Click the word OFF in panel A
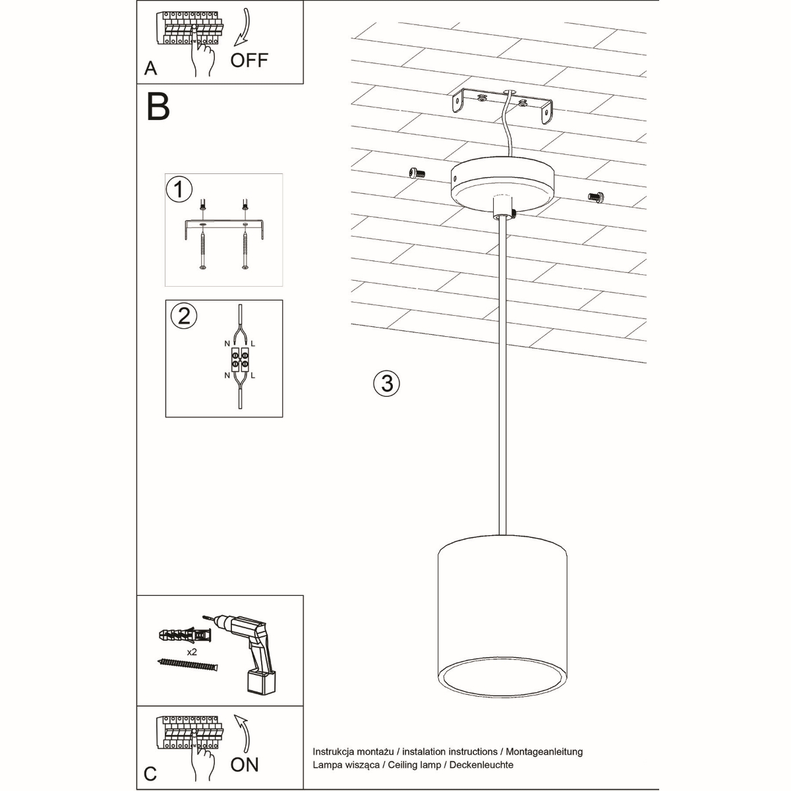point(249,60)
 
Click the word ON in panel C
point(245,765)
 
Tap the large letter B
point(158,106)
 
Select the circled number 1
point(179,190)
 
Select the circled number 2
point(184,316)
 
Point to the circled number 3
point(387,383)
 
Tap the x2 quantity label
point(193,651)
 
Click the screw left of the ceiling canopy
point(415,173)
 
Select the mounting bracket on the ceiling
point(502,105)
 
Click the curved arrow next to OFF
point(243,30)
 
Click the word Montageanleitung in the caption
point(544,751)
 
